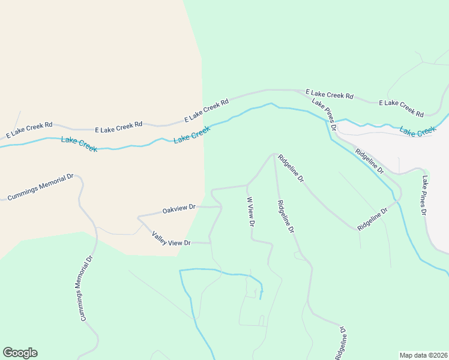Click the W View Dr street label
click(252, 211)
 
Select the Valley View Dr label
click(171, 238)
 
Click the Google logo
click(20, 353)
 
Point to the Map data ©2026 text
click(423, 355)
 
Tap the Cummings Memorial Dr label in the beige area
click(40, 187)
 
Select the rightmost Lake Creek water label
click(418, 131)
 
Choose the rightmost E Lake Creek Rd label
click(401, 108)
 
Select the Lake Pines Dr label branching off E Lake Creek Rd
click(324, 112)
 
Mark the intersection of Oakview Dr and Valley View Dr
click(139, 217)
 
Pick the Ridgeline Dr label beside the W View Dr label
click(286, 216)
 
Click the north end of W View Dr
click(247, 185)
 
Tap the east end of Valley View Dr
click(210, 243)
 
